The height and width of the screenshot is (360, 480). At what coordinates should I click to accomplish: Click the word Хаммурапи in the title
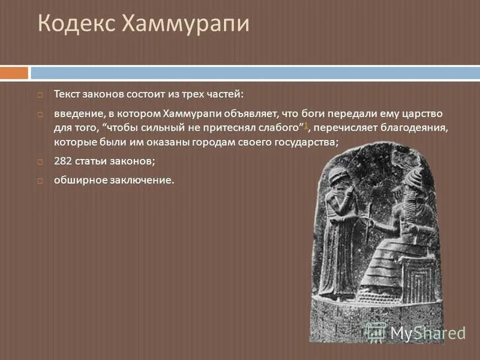[185, 25]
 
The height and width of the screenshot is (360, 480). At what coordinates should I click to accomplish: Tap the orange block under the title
[14, 73]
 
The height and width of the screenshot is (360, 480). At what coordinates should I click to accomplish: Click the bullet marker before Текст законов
[40, 94]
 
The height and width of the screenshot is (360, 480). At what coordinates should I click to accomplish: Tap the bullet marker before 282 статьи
[40, 162]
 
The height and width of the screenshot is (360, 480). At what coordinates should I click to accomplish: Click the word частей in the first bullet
[225, 94]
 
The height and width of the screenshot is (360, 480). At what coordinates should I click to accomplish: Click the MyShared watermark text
[428, 332]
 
